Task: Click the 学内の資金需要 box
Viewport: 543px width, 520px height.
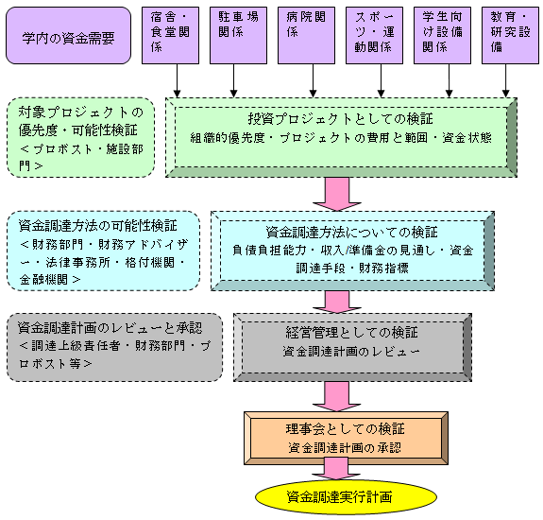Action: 68,35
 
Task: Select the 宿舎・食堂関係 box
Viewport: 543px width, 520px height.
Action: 170,35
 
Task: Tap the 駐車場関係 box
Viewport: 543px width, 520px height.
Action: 238,35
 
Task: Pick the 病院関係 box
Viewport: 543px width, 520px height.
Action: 307,35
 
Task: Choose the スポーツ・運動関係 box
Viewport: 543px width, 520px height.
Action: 374,35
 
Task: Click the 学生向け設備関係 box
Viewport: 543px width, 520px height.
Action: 442,35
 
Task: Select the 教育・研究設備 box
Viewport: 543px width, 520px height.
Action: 511,35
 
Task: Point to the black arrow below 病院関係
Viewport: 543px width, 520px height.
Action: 314,80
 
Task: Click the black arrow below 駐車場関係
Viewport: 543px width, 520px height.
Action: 234,80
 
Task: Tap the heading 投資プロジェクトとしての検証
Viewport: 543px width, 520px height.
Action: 340,119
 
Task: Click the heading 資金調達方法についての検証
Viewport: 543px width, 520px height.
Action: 352,233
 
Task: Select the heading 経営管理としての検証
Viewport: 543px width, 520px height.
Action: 352,333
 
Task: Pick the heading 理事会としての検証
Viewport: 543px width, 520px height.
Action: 346,429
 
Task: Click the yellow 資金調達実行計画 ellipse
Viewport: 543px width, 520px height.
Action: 346,497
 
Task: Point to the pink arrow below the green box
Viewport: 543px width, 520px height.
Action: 337,194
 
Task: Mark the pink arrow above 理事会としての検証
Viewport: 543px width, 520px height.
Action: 336,396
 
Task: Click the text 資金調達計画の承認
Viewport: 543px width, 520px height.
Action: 345,448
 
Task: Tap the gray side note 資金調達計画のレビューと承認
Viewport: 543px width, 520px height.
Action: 114,347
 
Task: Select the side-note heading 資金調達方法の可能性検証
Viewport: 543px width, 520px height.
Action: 97,226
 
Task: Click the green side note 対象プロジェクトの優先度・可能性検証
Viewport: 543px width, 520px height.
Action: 80,138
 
